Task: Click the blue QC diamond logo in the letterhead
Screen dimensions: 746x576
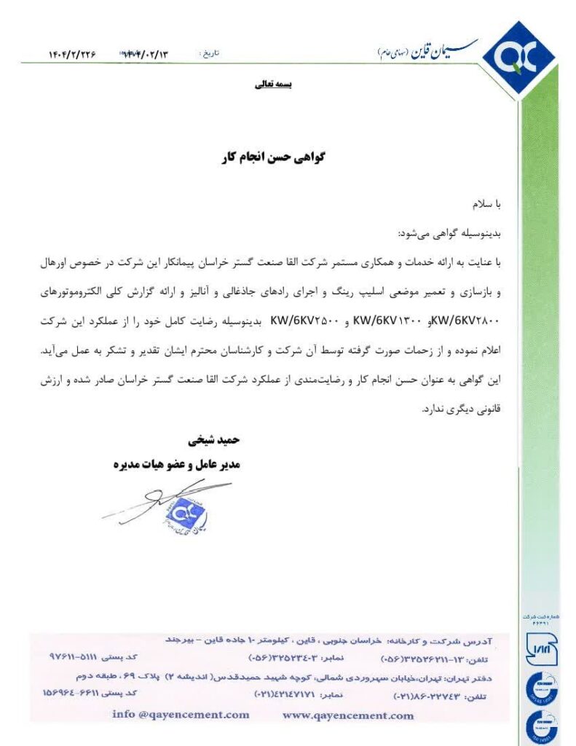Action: [519, 57]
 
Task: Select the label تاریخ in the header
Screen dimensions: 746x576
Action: [210, 54]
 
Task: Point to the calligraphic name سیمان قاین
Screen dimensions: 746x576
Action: [430, 50]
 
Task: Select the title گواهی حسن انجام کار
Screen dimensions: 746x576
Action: [271, 158]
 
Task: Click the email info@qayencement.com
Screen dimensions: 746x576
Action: [181, 715]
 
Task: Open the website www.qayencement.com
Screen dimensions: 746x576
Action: [348, 715]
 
